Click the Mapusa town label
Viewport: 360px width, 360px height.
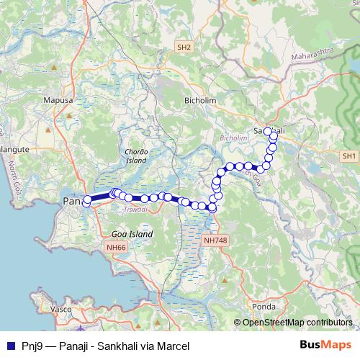tap(60, 102)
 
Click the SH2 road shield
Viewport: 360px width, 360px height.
tap(184, 47)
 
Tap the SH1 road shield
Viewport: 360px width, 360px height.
tap(350, 156)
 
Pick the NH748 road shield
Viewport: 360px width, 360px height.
tap(215, 240)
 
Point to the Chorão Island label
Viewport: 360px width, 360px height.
tap(136, 156)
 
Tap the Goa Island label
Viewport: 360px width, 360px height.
tap(132, 235)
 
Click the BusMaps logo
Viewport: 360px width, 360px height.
tap(327, 345)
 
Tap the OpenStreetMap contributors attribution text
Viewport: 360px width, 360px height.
tap(296, 323)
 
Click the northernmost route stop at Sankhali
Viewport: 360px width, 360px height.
tap(268, 131)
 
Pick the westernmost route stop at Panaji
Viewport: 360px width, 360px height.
tap(86, 202)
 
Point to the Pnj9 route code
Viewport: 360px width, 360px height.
tap(30, 346)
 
